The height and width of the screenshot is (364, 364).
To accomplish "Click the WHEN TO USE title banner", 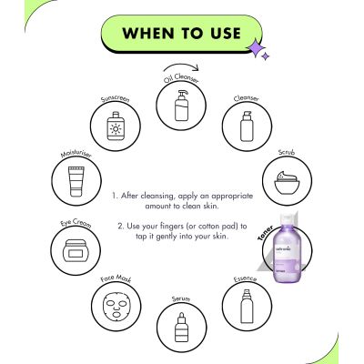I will [x=181, y=34].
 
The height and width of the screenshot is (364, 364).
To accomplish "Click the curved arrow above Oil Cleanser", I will [x=178, y=70].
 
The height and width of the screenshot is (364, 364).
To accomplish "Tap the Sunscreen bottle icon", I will [x=116, y=126].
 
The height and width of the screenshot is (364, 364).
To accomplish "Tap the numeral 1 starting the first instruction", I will [x=114, y=195].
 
